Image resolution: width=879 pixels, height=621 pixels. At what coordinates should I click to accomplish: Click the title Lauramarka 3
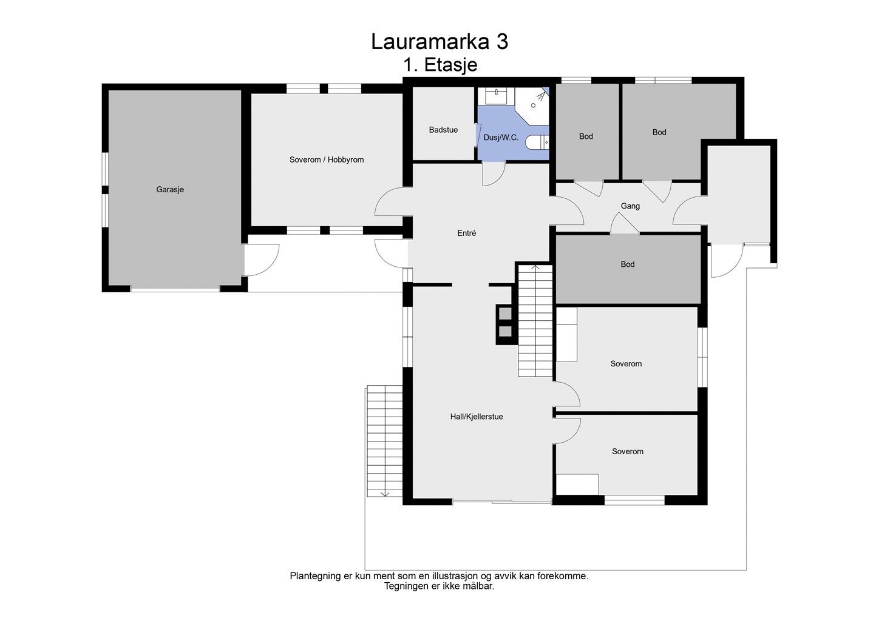click(x=439, y=42)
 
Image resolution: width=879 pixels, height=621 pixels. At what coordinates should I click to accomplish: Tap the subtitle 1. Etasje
click(x=439, y=65)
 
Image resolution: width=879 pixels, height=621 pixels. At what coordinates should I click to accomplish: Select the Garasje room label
click(x=170, y=190)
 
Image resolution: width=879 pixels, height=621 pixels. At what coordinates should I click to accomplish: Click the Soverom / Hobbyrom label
click(x=327, y=160)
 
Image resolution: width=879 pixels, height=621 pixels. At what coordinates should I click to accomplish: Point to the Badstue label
click(x=443, y=130)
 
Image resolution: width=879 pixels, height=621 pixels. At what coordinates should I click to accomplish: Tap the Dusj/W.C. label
click(x=501, y=138)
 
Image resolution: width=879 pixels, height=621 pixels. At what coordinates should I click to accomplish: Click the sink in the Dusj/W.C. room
click(x=496, y=95)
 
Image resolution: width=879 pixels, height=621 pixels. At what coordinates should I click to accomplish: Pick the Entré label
click(x=466, y=233)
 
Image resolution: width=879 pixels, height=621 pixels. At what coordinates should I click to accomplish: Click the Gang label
click(x=630, y=206)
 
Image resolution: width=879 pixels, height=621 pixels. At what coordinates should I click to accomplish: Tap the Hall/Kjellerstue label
click(x=477, y=417)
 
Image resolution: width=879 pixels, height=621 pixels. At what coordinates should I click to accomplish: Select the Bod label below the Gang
click(x=628, y=264)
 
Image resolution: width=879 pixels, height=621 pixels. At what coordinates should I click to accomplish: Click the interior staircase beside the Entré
click(x=535, y=321)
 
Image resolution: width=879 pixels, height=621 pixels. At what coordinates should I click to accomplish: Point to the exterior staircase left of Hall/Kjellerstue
click(x=384, y=440)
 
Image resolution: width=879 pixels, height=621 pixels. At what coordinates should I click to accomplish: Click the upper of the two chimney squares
click(x=505, y=313)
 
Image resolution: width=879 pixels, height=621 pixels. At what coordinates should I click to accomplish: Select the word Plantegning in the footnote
click(x=315, y=576)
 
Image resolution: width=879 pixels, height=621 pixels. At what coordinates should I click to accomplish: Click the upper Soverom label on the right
click(x=626, y=364)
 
